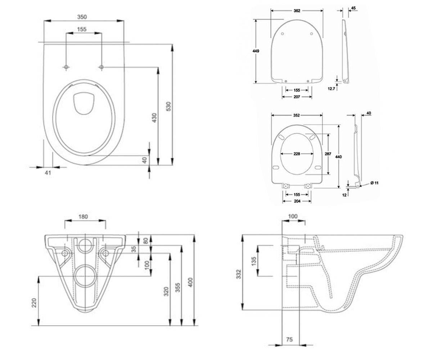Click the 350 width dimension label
[x=82, y=17]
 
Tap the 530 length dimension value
[x=169, y=106]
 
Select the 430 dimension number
[x=154, y=118]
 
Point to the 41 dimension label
[x=48, y=172]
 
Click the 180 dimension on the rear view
[x=83, y=217]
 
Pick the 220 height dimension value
[x=34, y=303]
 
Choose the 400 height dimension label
[x=190, y=282]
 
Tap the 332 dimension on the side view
[x=239, y=274]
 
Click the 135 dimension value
[x=254, y=261]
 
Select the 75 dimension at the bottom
[x=289, y=339]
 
